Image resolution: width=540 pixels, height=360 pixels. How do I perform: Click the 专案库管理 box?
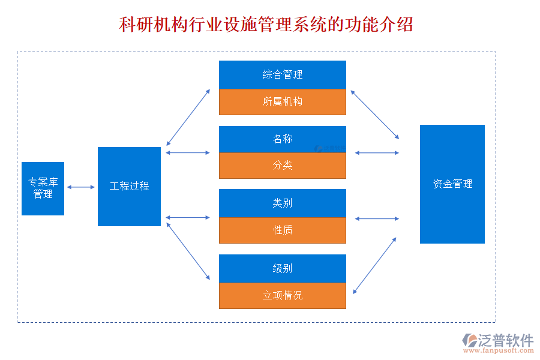(x=43, y=188)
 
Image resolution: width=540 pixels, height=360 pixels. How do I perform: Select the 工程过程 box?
(x=129, y=187)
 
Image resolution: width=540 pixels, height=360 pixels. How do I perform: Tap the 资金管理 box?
(x=452, y=184)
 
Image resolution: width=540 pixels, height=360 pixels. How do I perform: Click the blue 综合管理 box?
(x=282, y=75)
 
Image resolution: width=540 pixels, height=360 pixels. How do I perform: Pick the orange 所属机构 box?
(x=282, y=102)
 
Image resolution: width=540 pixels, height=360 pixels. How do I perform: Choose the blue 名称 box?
(x=282, y=139)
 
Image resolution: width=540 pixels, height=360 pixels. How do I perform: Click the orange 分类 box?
(x=282, y=166)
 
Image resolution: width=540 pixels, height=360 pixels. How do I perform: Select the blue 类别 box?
(x=282, y=203)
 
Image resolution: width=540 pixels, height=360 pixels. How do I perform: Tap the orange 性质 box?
(x=282, y=230)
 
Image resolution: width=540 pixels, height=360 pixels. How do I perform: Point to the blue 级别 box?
(x=282, y=268)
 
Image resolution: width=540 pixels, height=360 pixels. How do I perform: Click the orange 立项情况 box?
(x=282, y=295)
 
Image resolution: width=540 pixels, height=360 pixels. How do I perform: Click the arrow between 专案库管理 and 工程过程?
(x=81, y=187)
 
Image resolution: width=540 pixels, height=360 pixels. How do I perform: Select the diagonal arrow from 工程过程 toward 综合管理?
(x=188, y=118)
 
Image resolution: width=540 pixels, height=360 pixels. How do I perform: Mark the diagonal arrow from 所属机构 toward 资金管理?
(x=375, y=115)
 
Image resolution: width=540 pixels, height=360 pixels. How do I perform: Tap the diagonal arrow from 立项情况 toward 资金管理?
(x=374, y=265)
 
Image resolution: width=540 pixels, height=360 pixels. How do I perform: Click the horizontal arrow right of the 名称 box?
(x=377, y=153)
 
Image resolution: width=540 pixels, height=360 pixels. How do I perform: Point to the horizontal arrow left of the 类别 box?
(x=188, y=217)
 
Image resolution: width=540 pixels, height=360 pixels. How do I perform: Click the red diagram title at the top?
(x=266, y=25)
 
